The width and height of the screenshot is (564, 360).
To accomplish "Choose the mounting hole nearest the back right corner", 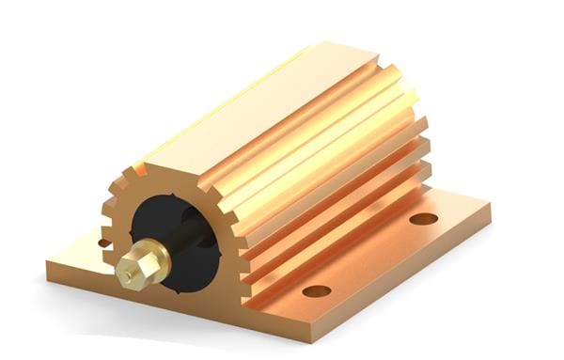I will coord(424,218).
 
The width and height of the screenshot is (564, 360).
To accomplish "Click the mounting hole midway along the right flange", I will coord(316,290).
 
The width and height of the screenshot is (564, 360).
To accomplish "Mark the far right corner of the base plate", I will coord(490,202).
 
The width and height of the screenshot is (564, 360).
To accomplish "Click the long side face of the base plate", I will coord(376,282).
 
